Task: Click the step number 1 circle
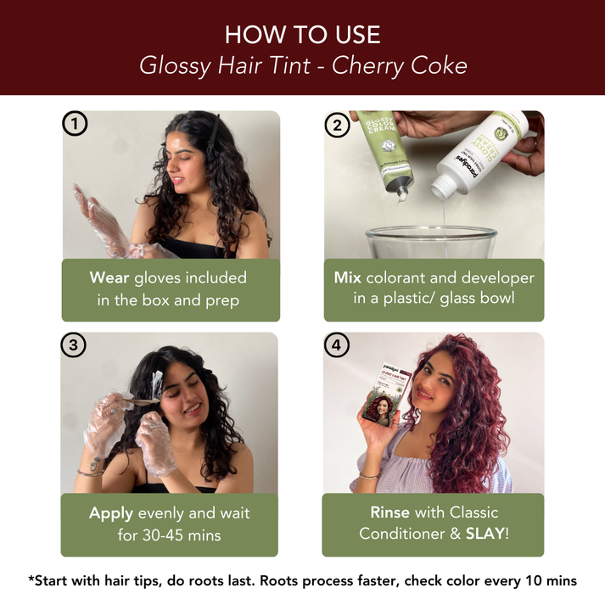76,125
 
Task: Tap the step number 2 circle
337,125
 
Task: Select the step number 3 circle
74,345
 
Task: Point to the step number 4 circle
337,345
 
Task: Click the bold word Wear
109,277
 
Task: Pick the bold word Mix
347,277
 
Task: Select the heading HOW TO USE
302,35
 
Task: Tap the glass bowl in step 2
429,242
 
